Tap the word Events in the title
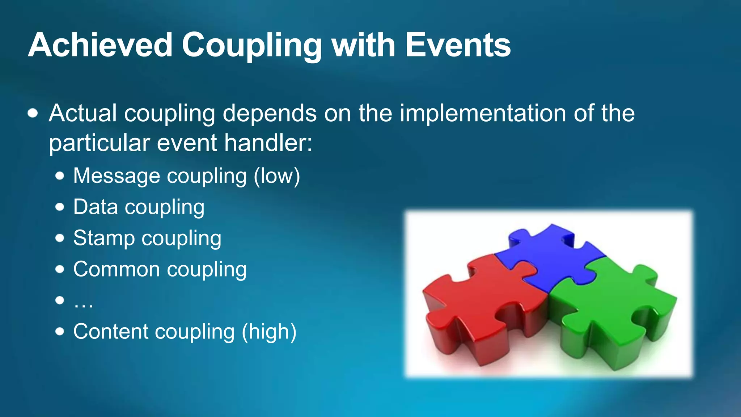pos(458,45)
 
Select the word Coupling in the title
pos(251,46)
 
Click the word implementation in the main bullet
pos(483,113)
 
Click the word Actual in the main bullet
pos(83,113)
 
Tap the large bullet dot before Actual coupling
pos(33,113)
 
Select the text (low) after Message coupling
pos(277,176)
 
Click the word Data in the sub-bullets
pos(96,207)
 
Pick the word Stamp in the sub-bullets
pos(104,239)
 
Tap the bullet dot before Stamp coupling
pos(60,238)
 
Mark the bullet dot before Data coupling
pos(60,207)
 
